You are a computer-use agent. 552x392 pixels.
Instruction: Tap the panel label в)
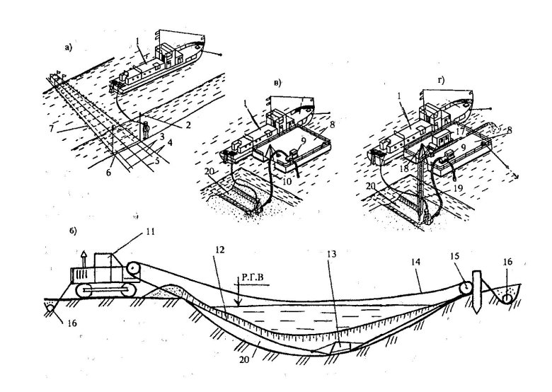[278, 82]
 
